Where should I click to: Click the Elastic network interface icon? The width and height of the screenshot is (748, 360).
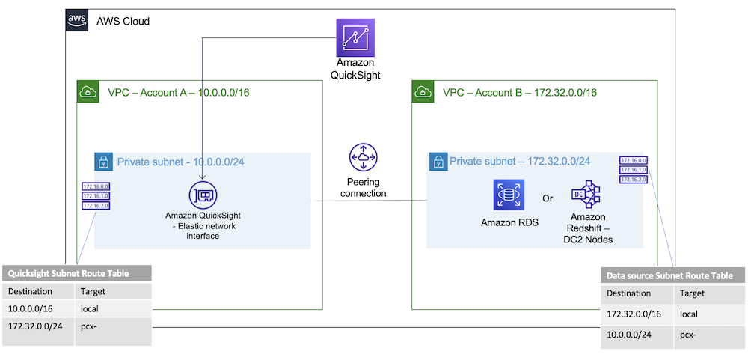(x=203, y=195)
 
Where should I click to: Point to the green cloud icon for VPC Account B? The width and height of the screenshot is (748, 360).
(x=423, y=92)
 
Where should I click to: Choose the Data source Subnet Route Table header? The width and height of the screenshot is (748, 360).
(x=673, y=275)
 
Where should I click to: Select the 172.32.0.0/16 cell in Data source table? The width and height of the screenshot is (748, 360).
(x=634, y=314)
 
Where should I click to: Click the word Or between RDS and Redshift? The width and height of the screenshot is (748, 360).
(x=548, y=199)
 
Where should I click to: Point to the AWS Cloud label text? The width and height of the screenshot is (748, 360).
(x=123, y=21)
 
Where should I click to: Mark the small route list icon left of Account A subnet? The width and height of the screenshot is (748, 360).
(x=96, y=195)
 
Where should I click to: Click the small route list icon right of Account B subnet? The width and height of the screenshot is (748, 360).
(x=634, y=170)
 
